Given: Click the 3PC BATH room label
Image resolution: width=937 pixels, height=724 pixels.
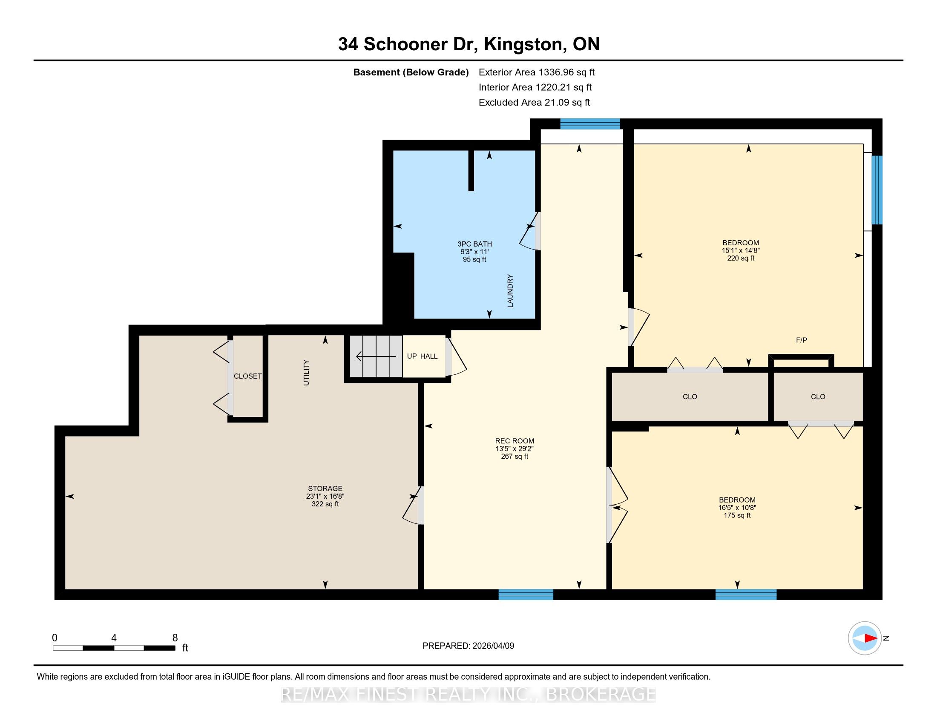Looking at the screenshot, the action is (x=474, y=244).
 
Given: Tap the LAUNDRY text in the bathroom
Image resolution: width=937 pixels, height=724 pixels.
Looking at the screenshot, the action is (x=510, y=290).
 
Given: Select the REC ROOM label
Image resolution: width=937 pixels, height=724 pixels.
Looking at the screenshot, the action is (x=514, y=440).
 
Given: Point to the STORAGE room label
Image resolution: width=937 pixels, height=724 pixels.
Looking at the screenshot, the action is (x=325, y=488).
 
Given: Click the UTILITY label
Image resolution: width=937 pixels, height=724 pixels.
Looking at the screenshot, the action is (x=306, y=372).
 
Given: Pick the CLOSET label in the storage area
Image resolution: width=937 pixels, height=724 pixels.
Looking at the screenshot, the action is (x=247, y=376).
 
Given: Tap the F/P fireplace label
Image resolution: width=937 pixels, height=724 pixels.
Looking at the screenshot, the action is (x=802, y=340).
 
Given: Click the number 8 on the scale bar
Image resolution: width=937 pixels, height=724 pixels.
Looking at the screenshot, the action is (x=175, y=638).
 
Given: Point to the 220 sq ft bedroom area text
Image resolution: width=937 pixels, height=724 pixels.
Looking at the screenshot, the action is (x=741, y=258).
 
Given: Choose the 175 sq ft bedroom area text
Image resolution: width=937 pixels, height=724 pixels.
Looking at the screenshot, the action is (x=737, y=515).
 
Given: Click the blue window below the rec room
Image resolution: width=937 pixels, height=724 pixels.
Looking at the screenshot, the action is (x=526, y=594).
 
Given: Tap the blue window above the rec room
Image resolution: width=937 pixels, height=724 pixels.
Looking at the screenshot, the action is (x=590, y=124).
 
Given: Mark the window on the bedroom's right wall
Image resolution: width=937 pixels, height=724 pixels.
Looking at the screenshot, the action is (x=877, y=190).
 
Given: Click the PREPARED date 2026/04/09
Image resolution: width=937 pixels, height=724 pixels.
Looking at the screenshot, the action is (x=493, y=646).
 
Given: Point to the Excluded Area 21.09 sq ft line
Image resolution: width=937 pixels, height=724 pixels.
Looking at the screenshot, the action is (x=534, y=102).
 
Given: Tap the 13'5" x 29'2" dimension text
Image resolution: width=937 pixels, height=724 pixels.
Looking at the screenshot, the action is (x=514, y=448).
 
